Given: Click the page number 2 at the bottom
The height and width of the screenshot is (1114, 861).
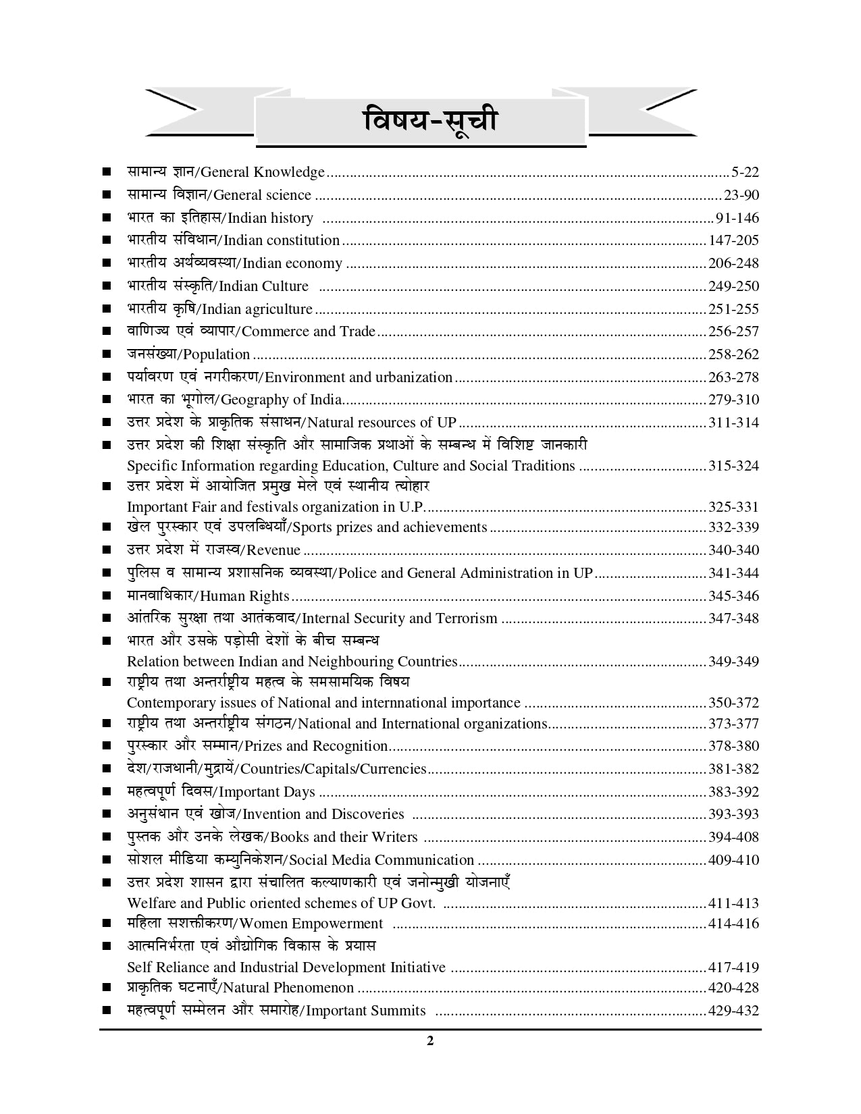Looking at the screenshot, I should [430, 1040].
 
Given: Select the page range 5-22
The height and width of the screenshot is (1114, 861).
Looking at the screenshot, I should [745, 173].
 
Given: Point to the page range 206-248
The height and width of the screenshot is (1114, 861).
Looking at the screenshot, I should [733, 263].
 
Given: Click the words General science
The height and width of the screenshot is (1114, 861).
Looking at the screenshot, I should [262, 195].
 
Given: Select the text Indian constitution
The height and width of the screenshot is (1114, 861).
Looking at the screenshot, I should [281, 240].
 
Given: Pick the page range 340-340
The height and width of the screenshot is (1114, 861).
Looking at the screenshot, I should [733, 550].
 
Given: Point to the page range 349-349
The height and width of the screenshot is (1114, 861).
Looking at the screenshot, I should [733, 662].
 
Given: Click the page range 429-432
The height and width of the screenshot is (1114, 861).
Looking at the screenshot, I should [733, 1011].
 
